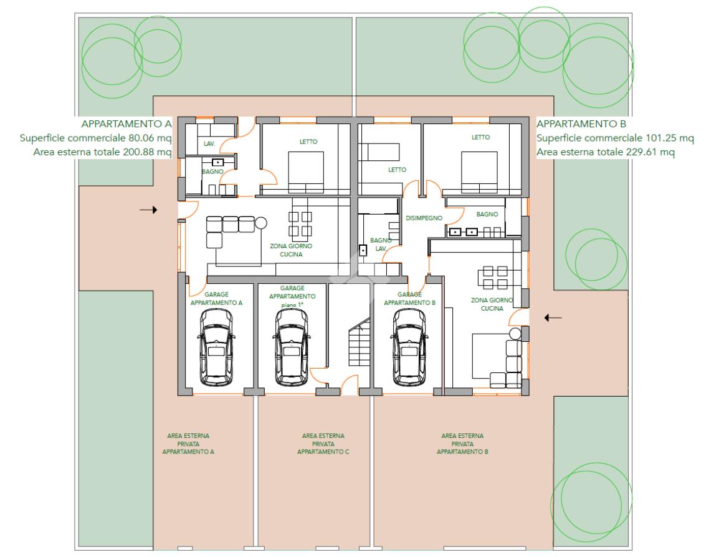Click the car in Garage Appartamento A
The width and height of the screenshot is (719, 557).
[x=216, y=347]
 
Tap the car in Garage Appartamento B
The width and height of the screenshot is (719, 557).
[x=409, y=347]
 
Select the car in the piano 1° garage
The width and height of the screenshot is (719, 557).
[x=292, y=347]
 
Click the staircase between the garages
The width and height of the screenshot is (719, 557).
[x=359, y=342]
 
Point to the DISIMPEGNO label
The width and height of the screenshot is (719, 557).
[x=424, y=218]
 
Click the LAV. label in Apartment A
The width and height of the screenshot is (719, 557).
[x=209, y=143]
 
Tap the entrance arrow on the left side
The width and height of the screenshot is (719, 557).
[x=148, y=210]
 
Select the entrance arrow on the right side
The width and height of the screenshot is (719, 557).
[x=553, y=317]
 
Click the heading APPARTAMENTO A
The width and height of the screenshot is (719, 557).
[x=126, y=124]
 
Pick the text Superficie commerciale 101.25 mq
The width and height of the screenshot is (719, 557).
[x=615, y=138]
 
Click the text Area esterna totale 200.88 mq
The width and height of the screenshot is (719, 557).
[x=102, y=152]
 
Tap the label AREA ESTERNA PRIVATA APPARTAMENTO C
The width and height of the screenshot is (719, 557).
[x=323, y=443]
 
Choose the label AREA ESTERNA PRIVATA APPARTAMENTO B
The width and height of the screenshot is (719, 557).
[x=462, y=443]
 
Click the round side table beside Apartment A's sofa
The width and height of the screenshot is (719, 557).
[x=261, y=223]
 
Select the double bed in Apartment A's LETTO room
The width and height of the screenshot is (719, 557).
[x=306, y=172]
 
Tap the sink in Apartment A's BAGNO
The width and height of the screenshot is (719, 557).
[x=218, y=162]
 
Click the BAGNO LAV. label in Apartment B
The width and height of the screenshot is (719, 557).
[x=381, y=245]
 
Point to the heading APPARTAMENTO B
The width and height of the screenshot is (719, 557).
[x=581, y=124]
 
